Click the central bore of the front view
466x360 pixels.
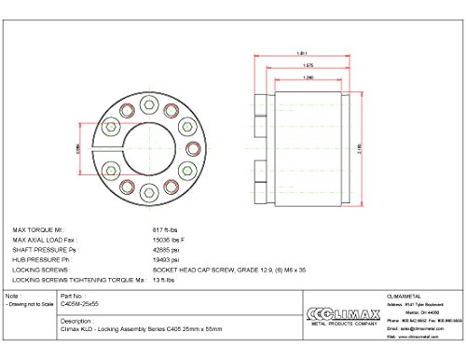[151, 149]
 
